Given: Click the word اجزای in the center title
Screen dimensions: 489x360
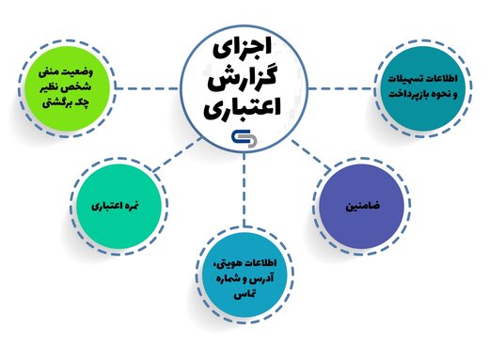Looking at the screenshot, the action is (x=244, y=43).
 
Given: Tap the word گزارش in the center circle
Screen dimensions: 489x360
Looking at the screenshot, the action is (x=244, y=77).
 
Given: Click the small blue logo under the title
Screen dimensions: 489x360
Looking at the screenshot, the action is (x=244, y=136).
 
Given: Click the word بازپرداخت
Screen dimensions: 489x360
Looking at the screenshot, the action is (x=423, y=95).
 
